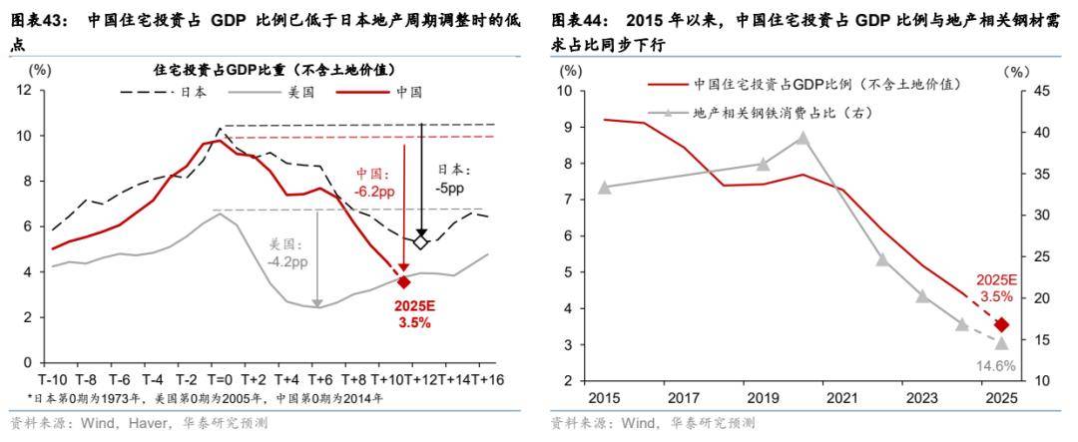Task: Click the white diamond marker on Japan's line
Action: (x=421, y=241)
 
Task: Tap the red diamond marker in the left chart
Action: (x=402, y=282)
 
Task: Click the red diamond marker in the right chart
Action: (x=1002, y=324)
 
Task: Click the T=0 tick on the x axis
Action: (x=220, y=379)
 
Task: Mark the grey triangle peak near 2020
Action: (x=801, y=138)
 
